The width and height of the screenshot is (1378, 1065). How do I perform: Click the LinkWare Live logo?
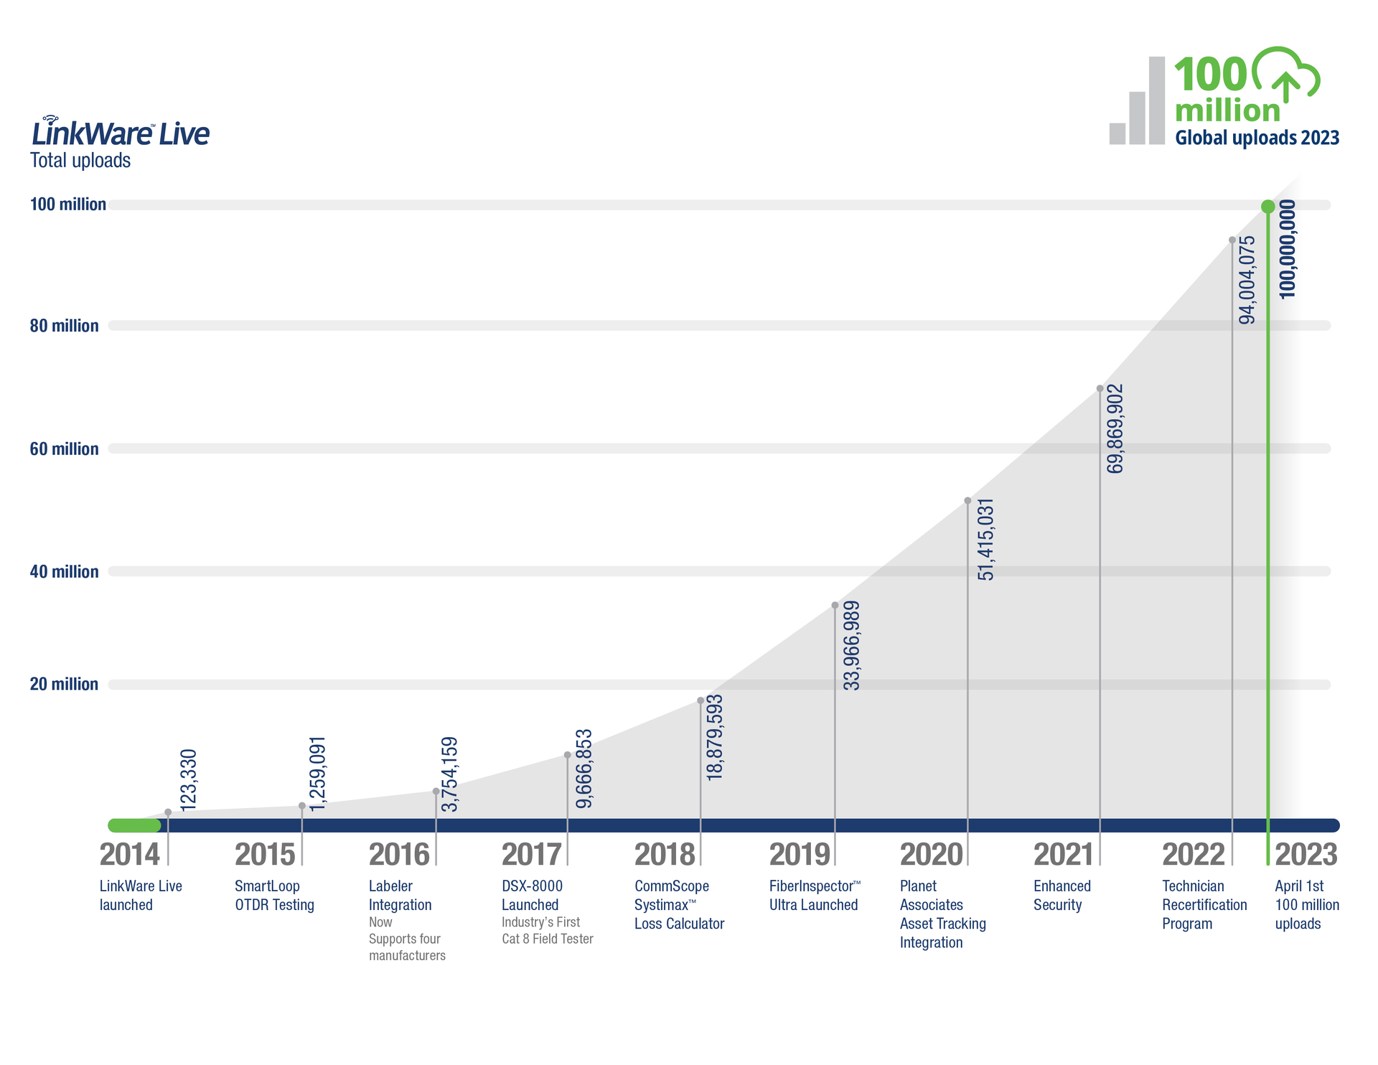click(x=120, y=132)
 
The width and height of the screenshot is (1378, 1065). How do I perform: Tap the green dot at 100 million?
click(x=1268, y=207)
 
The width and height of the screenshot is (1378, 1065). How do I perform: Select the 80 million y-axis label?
click(x=64, y=326)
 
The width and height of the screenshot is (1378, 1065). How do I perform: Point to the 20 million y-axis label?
click(x=64, y=684)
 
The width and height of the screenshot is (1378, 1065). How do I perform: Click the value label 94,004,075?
click(x=1247, y=280)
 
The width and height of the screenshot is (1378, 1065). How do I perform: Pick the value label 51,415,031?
click(x=986, y=539)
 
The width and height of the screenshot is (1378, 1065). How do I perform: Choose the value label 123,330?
click(x=188, y=780)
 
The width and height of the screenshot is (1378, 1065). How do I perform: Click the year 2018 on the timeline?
click(x=665, y=855)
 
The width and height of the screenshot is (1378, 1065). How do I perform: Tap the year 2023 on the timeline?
click(x=1306, y=855)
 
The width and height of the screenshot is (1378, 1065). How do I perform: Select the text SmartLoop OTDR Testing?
click(x=274, y=896)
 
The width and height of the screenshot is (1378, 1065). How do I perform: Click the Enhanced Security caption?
click(x=1061, y=896)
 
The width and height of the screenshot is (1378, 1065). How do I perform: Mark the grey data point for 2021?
click(x=1100, y=389)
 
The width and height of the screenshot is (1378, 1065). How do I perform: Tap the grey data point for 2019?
click(x=835, y=606)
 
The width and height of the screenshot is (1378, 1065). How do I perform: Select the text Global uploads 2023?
click(x=1257, y=138)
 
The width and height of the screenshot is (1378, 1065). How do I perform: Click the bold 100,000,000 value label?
click(x=1288, y=249)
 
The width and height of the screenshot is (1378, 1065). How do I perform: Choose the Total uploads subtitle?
click(x=80, y=160)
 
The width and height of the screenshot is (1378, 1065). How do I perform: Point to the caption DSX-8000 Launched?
click(x=532, y=896)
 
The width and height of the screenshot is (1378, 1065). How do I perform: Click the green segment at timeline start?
click(x=134, y=825)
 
